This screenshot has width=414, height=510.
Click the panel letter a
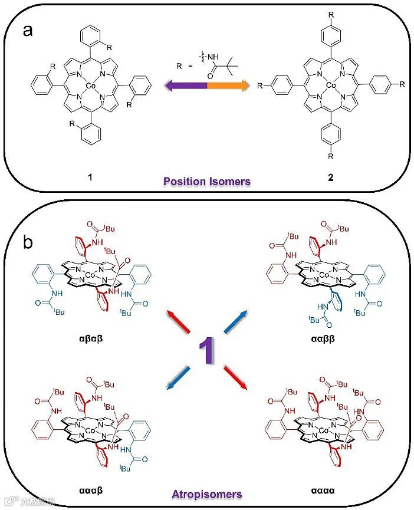pos(27,31)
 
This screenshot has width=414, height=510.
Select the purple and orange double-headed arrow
pos(206,86)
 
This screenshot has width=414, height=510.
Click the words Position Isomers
pos(206,182)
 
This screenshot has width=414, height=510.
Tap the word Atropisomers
pos(206,493)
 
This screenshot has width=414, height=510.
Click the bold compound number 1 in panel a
pos(90,176)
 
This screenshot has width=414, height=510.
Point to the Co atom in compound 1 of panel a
pos(90,86)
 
